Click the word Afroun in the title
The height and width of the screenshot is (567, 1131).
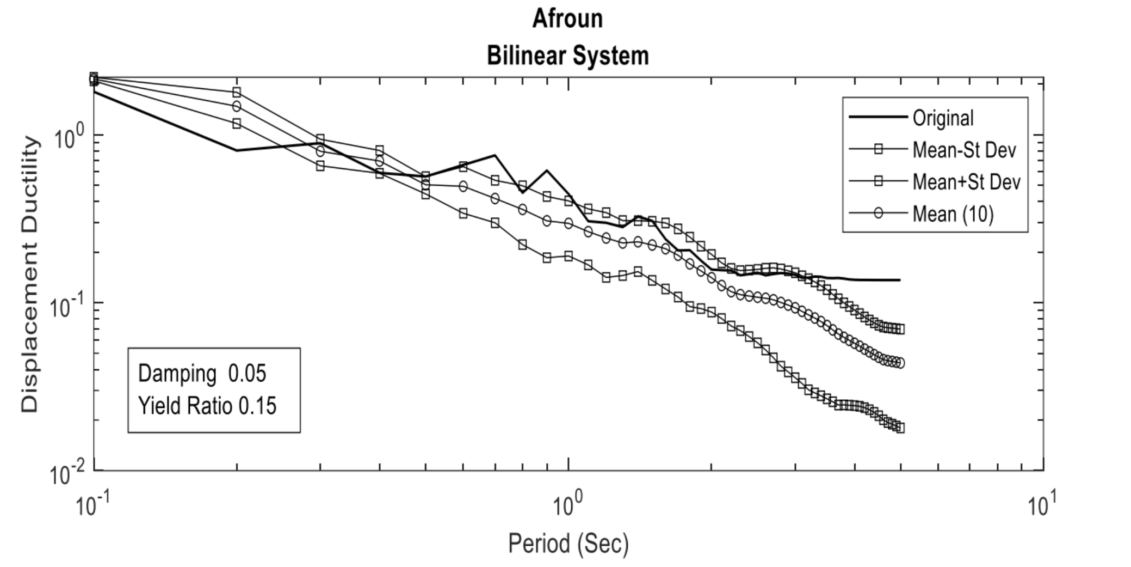[567, 19]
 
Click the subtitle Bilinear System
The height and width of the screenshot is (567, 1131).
[567, 56]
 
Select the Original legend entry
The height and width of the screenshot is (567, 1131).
[943, 118]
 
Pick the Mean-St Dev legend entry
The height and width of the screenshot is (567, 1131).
[964, 150]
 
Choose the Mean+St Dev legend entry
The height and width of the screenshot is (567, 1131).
[966, 182]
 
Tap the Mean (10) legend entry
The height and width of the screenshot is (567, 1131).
[953, 214]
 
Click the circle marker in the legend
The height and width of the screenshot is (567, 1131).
[878, 214]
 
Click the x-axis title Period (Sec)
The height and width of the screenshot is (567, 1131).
[568, 543]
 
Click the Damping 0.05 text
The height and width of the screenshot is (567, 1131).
[202, 374]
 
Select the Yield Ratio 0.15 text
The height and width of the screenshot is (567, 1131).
[207, 406]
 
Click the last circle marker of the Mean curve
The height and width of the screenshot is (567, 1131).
[900, 363]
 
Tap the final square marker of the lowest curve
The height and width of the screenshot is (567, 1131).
[900, 428]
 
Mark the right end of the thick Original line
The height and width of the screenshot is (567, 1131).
[900, 280]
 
